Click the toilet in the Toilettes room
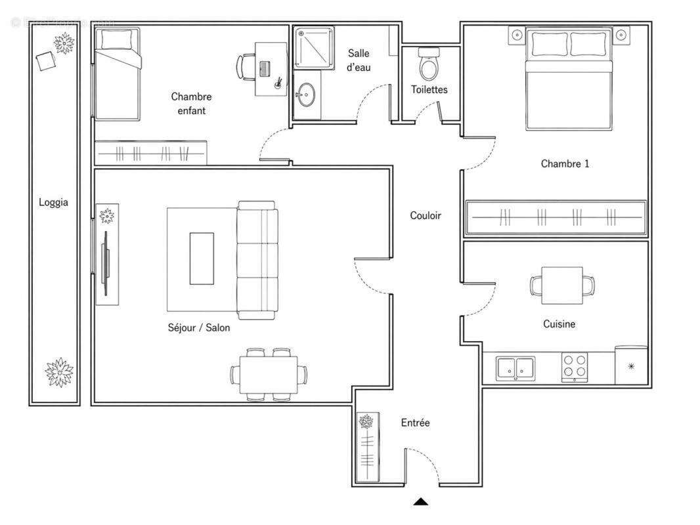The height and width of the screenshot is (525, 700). pos(428,64)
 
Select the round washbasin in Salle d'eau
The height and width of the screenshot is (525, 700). pos(305,95)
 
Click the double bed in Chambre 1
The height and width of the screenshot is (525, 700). pos(569,82)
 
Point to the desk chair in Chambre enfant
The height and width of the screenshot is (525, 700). pos(245,66)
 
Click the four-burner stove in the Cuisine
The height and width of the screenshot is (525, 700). pos(574,367)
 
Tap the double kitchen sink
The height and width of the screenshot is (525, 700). pos(515,367)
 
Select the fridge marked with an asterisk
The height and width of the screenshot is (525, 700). pos(631,366)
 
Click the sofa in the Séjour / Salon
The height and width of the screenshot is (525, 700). pos(257,260)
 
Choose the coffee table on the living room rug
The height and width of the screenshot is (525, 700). pos(202,259)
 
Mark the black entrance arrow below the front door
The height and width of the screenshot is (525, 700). pos(421,502)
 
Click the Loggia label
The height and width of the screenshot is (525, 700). pos(53,203)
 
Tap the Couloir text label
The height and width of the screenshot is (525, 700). pos(426,215)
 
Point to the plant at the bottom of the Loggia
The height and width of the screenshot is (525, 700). pos(59,371)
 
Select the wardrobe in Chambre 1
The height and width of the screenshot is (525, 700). pos(556,217)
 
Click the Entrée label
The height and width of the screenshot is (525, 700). pos(415,423)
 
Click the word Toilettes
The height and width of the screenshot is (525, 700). pos(429,89)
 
